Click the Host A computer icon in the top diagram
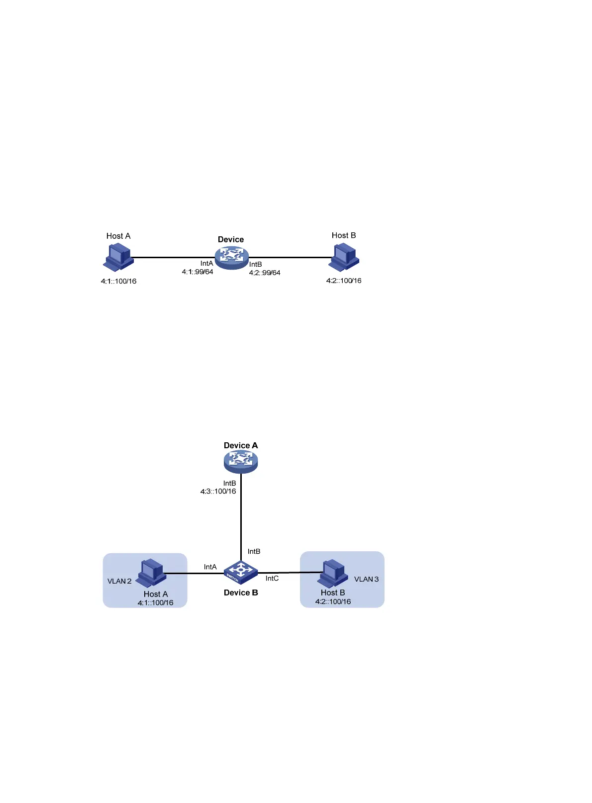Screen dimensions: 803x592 118,257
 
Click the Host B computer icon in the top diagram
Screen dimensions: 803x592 344,256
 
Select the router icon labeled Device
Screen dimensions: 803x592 231,257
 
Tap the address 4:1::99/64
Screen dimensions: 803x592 197,272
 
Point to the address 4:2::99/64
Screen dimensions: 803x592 265,273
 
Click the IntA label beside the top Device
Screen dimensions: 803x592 206,263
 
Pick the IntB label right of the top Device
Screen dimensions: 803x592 256,264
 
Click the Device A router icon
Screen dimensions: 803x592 241,462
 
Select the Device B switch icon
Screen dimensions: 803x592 241,572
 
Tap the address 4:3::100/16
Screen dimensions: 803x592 218,492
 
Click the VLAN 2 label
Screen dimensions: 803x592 119,581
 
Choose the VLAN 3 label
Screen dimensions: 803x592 366,579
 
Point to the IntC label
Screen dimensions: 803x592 272,578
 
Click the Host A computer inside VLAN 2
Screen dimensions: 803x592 151,573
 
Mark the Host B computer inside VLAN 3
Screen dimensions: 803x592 332,573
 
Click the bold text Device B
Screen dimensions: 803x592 241,593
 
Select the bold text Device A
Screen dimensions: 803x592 241,445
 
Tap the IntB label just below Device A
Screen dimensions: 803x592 229,483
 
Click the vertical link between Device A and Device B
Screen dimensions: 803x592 241,517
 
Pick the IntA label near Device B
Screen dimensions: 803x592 210,567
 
